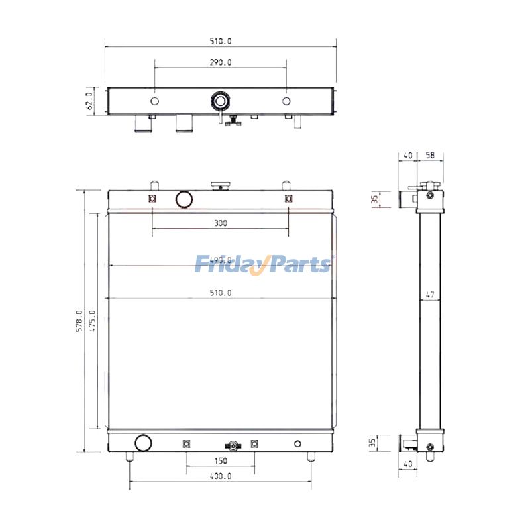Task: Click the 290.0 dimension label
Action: pyautogui.click(x=221, y=62)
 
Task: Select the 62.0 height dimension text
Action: pyautogui.click(x=89, y=101)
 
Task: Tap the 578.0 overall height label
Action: pyautogui.click(x=79, y=321)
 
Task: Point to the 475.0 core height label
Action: pyautogui.click(x=93, y=321)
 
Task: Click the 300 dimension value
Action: pyautogui.click(x=221, y=223)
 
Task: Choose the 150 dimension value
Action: pyautogui.click(x=221, y=460)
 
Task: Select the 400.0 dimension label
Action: pyautogui.click(x=221, y=476)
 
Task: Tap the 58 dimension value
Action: pyautogui.click(x=430, y=155)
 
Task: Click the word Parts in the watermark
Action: pyautogui.click(x=299, y=264)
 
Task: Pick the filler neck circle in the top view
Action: pyautogui.click(x=219, y=101)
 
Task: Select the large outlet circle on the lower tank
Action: pyautogui.click(x=142, y=443)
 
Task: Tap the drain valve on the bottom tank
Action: pyautogui.click(x=233, y=445)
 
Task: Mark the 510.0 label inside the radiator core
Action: pyautogui.click(x=221, y=292)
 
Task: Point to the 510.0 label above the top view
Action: pyautogui.click(x=221, y=41)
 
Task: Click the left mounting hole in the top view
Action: pyautogui.click(x=154, y=101)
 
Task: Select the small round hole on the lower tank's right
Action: pyautogui.click(x=297, y=443)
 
